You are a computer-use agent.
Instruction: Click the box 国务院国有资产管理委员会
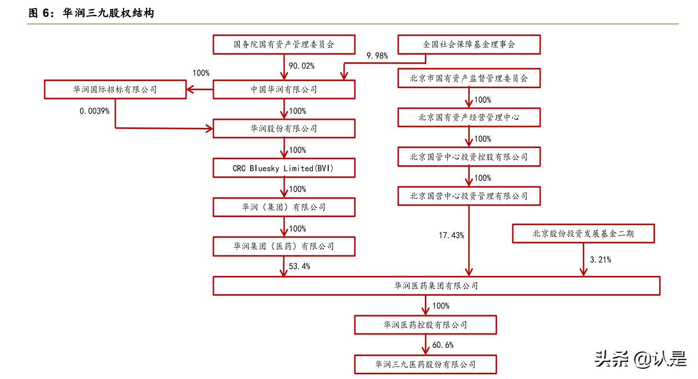click(x=284, y=45)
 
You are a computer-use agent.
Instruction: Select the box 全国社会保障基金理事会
click(x=469, y=45)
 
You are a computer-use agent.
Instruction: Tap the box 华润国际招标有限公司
click(x=115, y=90)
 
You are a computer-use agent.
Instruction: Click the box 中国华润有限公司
click(x=284, y=90)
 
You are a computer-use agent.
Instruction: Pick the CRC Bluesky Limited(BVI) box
click(x=284, y=168)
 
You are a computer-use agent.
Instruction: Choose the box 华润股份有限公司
click(x=284, y=129)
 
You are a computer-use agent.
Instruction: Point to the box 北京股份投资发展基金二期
click(x=583, y=234)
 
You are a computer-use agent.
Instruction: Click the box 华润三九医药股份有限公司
click(x=425, y=365)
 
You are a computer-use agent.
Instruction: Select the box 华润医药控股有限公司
click(x=425, y=325)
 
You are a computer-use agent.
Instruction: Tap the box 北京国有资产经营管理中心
click(x=469, y=117)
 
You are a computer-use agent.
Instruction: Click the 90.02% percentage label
click(x=301, y=66)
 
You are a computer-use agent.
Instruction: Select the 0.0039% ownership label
click(x=94, y=111)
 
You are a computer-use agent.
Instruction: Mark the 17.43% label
click(x=451, y=235)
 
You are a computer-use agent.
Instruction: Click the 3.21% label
click(x=600, y=260)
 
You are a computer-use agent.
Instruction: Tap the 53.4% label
click(x=299, y=266)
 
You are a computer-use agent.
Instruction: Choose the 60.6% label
click(x=443, y=345)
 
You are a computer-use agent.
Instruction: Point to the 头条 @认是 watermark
click(x=640, y=358)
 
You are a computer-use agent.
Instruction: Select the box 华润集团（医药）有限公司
click(x=284, y=247)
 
